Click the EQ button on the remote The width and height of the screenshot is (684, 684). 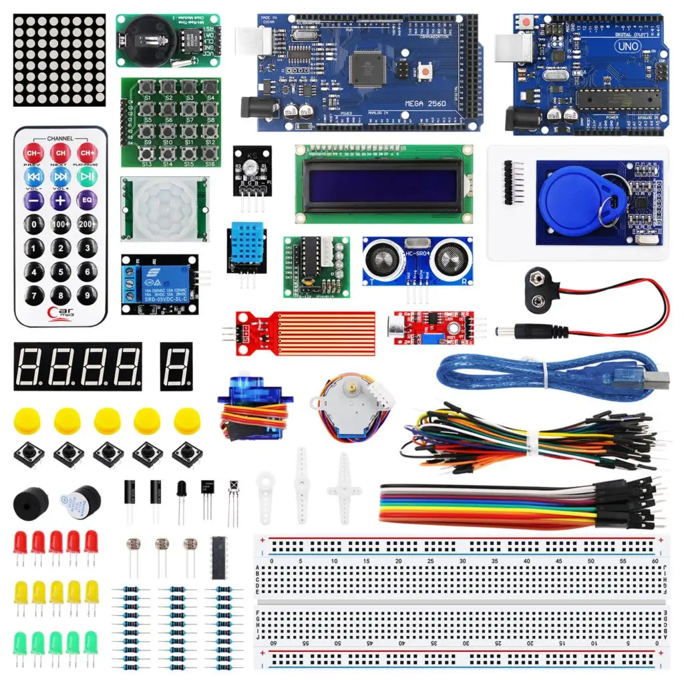pos(87,200)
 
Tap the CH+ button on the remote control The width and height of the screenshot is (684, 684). pos(87,152)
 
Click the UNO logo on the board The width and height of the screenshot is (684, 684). pos(628,47)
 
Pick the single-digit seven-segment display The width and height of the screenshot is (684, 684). pos(176,367)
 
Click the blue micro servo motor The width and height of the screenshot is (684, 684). pos(248,407)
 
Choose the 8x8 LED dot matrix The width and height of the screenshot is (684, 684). pos(59,59)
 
